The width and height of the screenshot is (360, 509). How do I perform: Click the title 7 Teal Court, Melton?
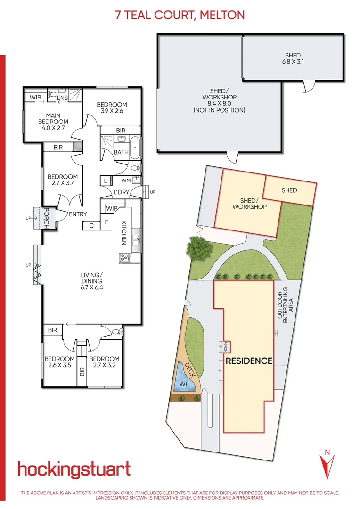click(x=180, y=15)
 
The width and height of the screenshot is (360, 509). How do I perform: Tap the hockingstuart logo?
click(x=74, y=469)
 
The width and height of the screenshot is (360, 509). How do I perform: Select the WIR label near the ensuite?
click(x=36, y=98)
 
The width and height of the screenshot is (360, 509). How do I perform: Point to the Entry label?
click(x=78, y=214)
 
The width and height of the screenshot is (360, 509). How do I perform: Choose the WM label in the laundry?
click(x=126, y=180)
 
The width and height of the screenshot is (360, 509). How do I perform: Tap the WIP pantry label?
click(x=112, y=208)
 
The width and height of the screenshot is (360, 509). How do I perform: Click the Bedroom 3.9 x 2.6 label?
click(x=112, y=108)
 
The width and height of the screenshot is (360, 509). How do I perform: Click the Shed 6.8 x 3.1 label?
click(x=293, y=58)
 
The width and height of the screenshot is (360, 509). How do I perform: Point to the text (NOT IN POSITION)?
click(x=220, y=110)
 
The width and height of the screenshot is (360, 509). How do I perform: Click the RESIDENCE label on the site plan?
click(x=249, y=361)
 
